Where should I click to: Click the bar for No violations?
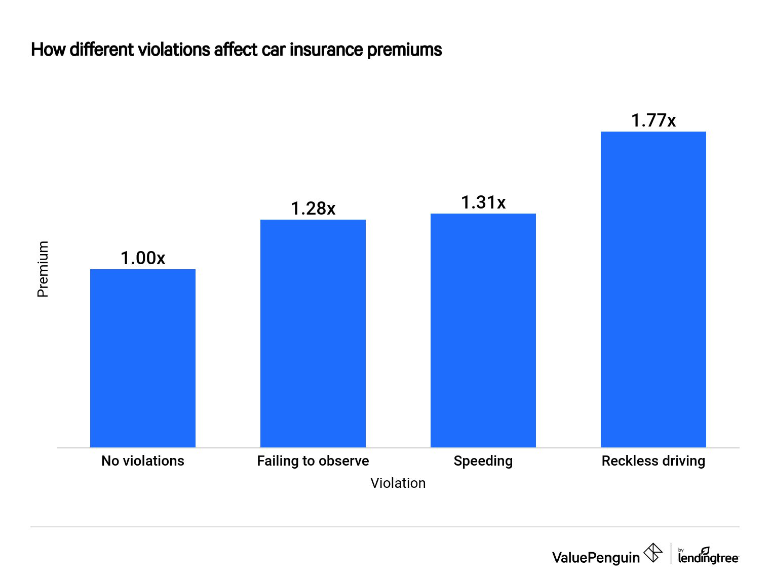142,358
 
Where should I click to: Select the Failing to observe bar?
313,334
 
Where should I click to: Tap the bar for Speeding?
483,330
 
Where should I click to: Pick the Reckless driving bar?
653,289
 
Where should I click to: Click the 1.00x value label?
142,258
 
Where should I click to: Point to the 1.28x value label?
313,209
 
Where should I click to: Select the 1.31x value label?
483,202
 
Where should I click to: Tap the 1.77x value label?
653,120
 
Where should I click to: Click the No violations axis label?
142,461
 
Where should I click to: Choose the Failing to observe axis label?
313,461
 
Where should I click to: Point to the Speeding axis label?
483,461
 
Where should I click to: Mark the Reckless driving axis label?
653,461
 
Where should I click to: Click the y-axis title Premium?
43,269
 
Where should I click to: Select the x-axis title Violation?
398,483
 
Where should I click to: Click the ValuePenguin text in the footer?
596,557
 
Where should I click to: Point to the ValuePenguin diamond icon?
652,553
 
